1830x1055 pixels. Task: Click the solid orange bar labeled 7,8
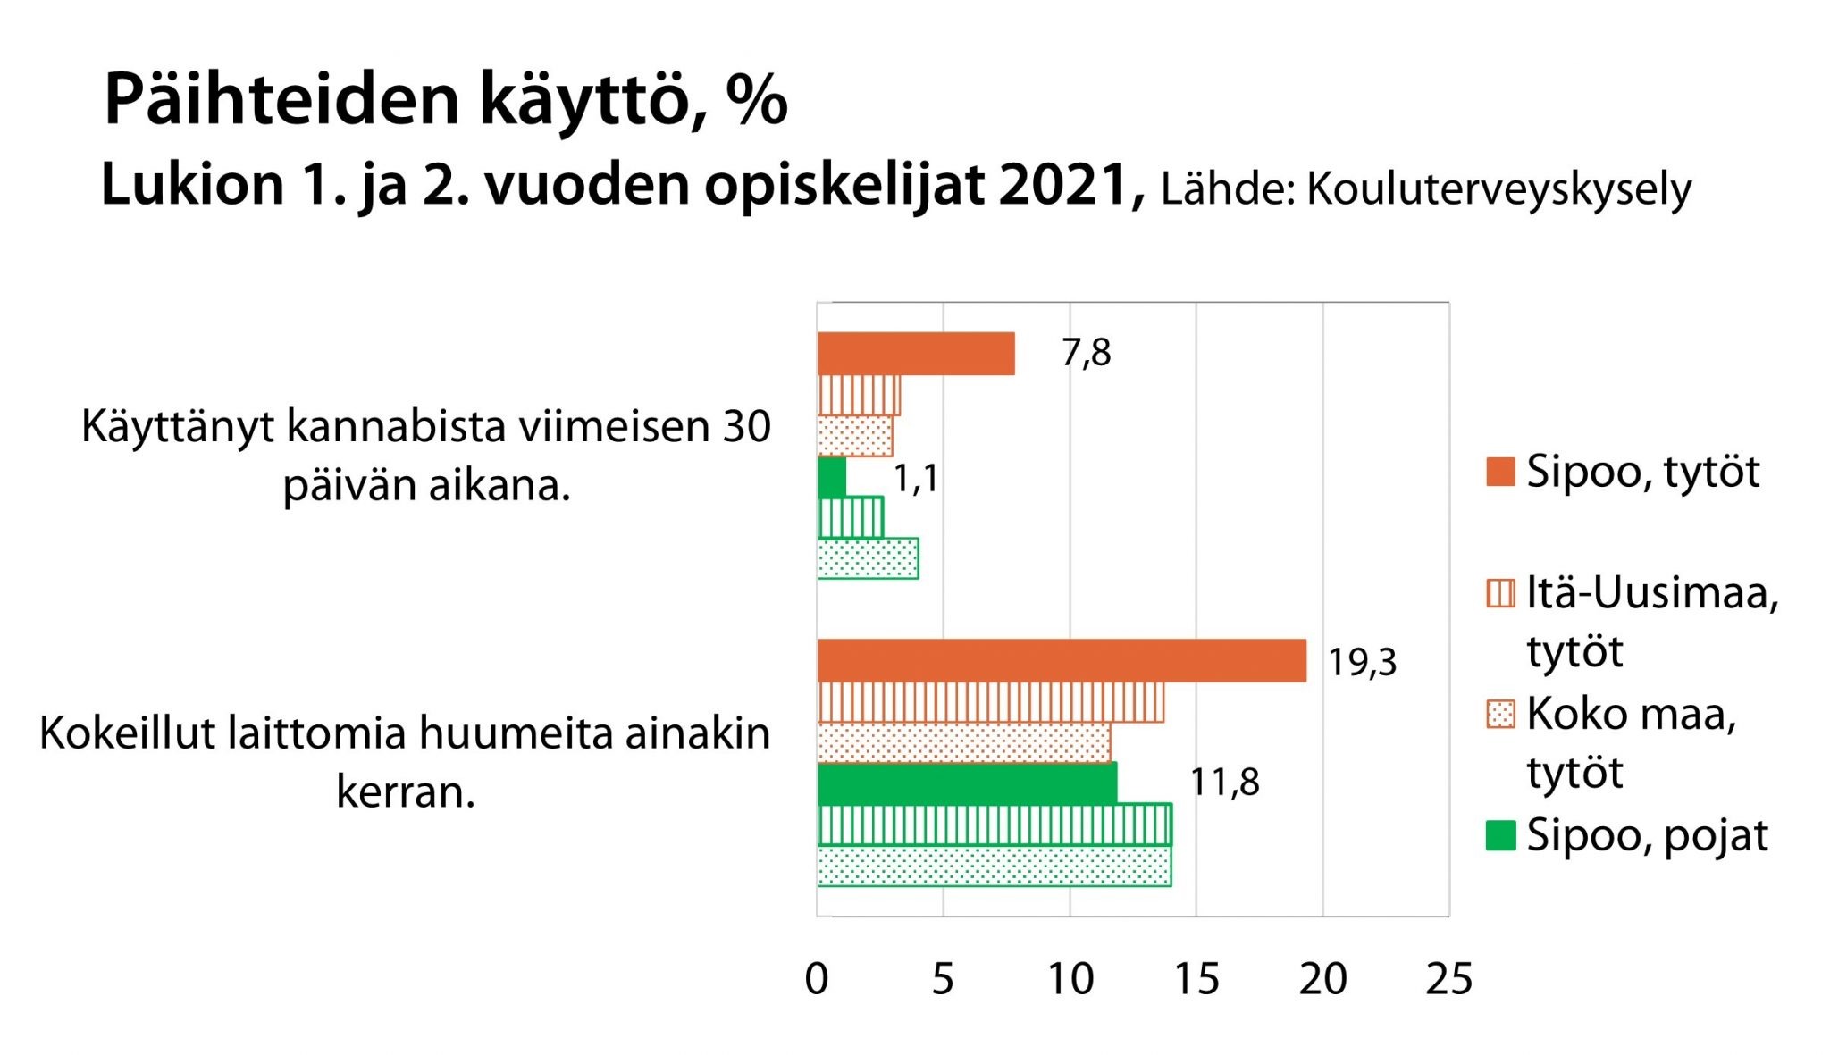[916, 354]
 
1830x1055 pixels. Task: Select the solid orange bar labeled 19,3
[1062, 661]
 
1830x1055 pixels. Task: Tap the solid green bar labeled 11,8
[967, 783]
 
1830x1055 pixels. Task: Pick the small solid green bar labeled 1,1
[832, 478]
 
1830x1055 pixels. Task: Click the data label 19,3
[1362, 663]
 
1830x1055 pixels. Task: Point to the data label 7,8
[1086, 354]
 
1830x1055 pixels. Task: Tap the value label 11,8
[1224, 783]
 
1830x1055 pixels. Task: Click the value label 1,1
[916, 480]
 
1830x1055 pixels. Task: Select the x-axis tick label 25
[1448, 980]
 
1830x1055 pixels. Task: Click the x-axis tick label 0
[817, 980]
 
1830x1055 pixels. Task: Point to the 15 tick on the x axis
[1196, 980]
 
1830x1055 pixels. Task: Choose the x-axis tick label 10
[1070, 980]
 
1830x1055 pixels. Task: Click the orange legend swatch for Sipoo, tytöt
[1501, 472]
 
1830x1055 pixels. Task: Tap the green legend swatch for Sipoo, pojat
[1501, 836]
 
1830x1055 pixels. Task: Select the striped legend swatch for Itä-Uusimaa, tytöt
[1501, 593]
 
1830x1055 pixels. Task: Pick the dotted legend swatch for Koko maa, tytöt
[1501, 715]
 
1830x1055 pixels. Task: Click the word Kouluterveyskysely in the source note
[1498, 190]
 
